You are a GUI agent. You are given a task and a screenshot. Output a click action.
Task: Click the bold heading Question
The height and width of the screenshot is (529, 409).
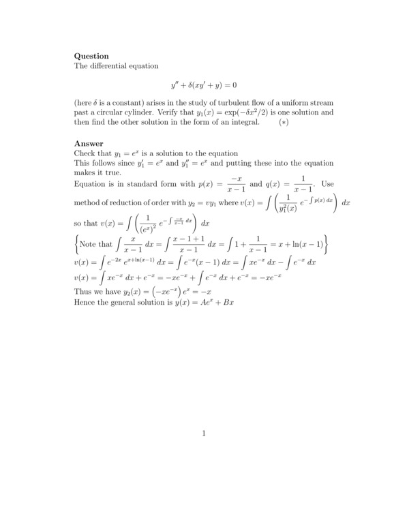coord(91,56)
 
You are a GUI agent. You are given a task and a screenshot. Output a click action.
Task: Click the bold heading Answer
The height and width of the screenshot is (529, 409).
coord(89,143)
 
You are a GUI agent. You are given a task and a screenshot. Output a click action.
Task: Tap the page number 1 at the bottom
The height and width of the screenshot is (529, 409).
coord(204,433)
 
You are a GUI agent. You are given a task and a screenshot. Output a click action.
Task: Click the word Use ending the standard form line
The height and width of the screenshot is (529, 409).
coord(327,185)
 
